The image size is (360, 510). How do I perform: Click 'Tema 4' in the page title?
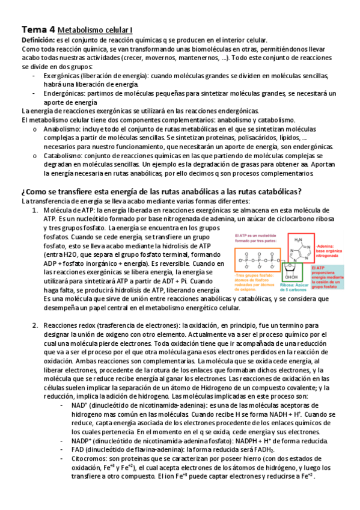click(x=38, y=29)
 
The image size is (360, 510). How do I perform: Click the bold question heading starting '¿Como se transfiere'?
click(x=161, y=191)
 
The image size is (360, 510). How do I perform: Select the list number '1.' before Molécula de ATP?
click(x=35, y=210)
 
